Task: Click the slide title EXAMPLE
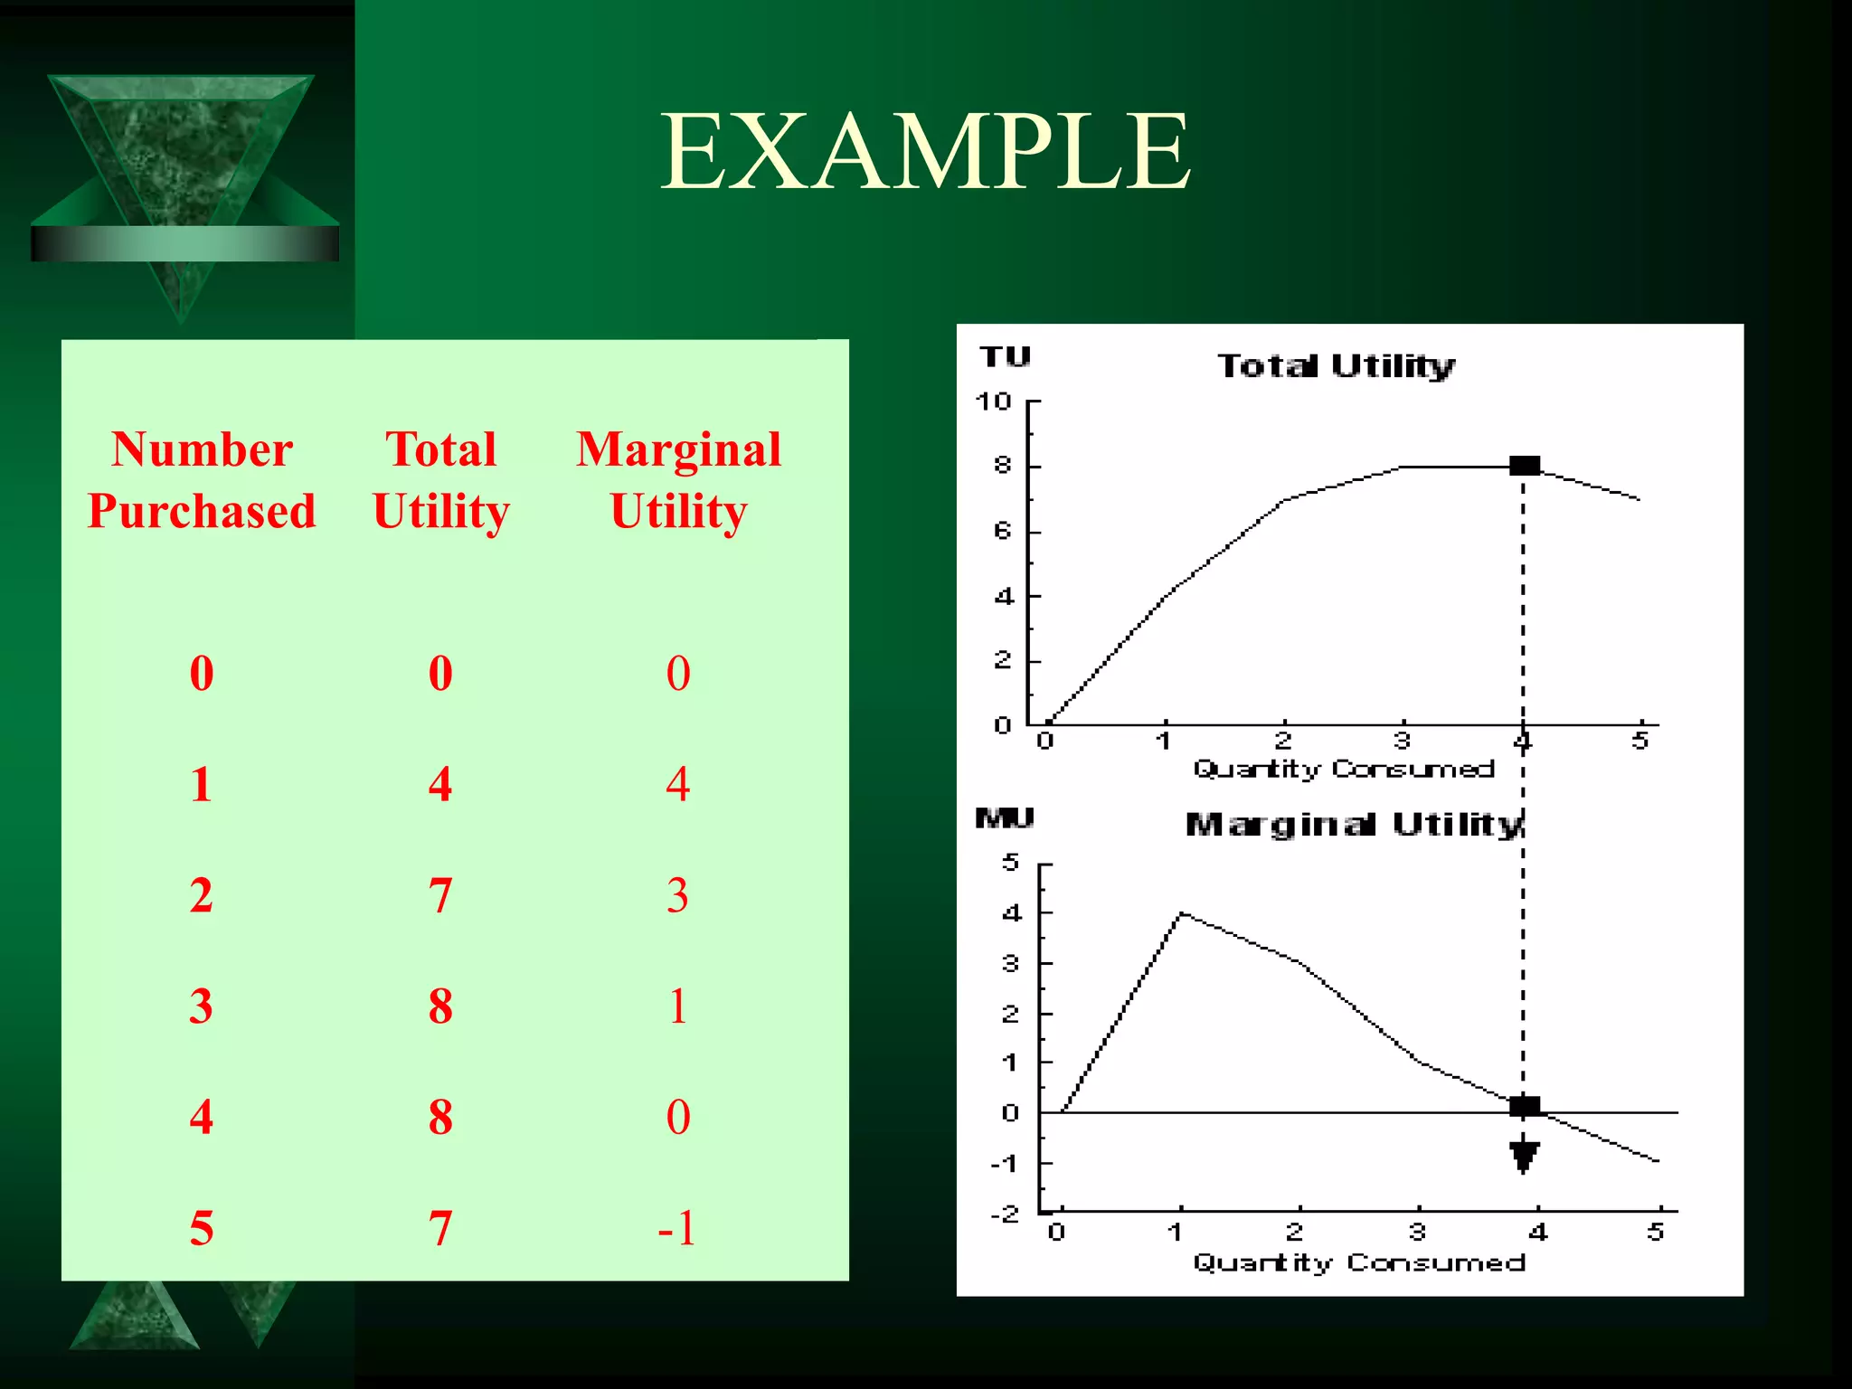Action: [925, 151]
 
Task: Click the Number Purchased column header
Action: [202, 480]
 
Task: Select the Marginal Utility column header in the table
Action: [678, 480]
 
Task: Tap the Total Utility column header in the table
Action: [441, 480]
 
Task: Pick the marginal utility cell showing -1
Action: [677, 1228]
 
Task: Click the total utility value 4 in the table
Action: [440, 784]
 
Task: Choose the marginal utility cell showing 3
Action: [677, 895]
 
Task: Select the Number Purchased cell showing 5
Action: [202, 1228]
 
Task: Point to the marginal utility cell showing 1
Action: [677, 1006]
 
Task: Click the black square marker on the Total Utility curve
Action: [1525, 466]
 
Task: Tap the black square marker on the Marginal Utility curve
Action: [1525, 1105]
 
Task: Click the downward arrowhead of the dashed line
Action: [1525, 1156]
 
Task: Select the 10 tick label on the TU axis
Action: [993, 402]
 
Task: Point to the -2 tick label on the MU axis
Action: [1005, 1214]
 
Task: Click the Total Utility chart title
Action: [1336, 366]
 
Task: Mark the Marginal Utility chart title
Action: [1354, 825]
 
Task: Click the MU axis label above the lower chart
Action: [1004, 819]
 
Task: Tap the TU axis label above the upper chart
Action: [1005, 357]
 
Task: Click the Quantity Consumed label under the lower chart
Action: [1358, 1263]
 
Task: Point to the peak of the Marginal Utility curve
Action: [1181, 914]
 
